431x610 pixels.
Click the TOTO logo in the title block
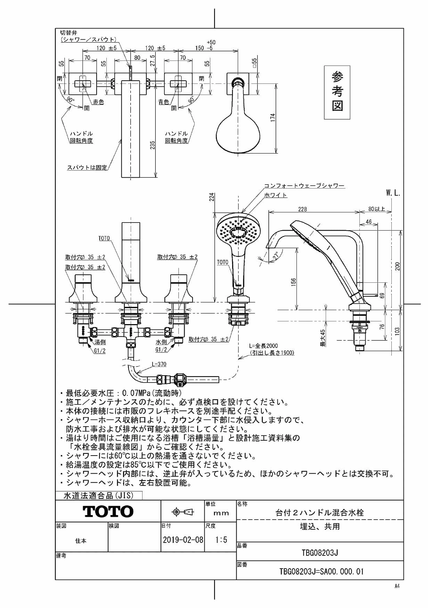(x=108, y=511)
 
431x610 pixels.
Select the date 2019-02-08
(x=183, y=540)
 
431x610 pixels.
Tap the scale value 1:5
(x=221, y=540)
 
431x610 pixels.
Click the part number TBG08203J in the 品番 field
(x=320, y=553)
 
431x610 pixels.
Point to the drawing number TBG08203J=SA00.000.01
(x=322, y=572)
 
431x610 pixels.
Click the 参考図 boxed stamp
(x=337, y=93)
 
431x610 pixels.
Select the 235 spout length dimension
(x=152, y=145)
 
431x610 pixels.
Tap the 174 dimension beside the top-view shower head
(x=273, y=118)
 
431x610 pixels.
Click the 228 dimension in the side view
(x=302, y=209)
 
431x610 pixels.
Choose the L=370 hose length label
(x=159, y=364)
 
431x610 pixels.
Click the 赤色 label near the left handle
(x=98, y=102)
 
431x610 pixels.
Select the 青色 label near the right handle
(x=163, y=102)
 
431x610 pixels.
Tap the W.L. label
(x=393, y=193)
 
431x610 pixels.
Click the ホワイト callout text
(x=276, y=195)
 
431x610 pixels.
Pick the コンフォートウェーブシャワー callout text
(x=304, y=186)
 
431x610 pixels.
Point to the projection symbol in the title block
(x=183, y=512)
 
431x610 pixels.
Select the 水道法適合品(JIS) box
(x=99, y=495)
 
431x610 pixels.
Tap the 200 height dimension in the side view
(x=398, y=266)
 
